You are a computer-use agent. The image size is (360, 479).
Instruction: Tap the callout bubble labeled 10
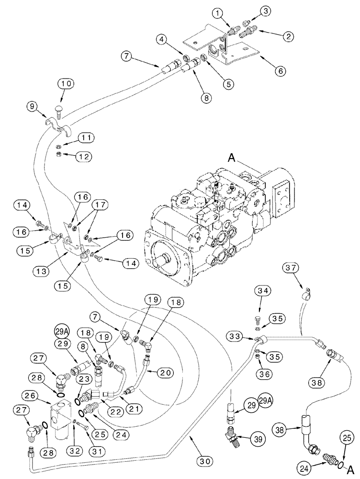point(67,84)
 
